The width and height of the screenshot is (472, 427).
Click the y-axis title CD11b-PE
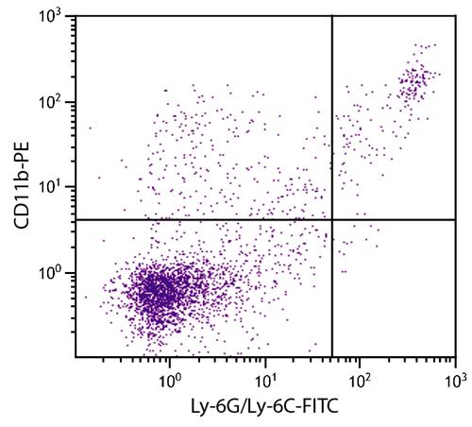[x=22, y=185]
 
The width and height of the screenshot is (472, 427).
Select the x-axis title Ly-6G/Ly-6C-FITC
[x=265, y=406]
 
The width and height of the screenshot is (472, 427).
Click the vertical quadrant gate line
[x=332, y=186]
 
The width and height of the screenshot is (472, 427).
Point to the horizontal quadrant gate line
[x=266, y=219]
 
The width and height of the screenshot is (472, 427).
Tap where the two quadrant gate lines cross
[x=332, y=219]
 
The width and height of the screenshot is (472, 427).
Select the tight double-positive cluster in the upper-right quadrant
[x=413, y=82]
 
